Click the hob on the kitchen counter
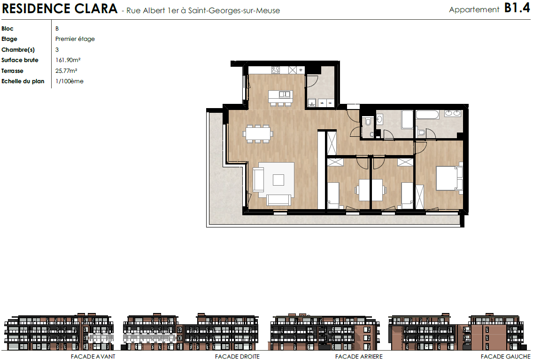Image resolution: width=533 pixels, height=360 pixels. click(x=276, y=70)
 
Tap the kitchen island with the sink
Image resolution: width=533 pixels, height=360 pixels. click(x=280, y=96)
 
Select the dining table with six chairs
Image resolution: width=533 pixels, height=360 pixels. click(x=258, y=133)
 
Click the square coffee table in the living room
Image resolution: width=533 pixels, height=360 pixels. click(x=278, y=180)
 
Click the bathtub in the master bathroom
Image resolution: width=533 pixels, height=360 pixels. click(x=427, y=115)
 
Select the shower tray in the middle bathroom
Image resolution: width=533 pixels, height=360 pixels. click(x=407, y=119)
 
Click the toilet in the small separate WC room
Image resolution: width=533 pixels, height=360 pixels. click(x=368, y=121)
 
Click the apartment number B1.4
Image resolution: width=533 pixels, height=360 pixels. click(x=517, y=8)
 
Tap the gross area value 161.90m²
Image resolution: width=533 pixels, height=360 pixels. click(x=68, y=60)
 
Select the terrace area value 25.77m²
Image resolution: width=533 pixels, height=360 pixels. click(x=66, y=71)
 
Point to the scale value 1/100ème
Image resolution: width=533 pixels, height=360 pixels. click(x=70, y=81)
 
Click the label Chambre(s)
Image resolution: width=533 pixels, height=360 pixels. click(x=18, y=50)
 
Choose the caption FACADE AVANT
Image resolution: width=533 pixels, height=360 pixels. click(x=93, y=357)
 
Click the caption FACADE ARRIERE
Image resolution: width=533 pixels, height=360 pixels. click(x=359, y=357)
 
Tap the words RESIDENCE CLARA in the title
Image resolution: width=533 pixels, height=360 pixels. click(x=60, y=9)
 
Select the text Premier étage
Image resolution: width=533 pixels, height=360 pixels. click(x=75, y=39)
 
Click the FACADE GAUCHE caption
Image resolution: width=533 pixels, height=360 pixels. click(x=505, y=357)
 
